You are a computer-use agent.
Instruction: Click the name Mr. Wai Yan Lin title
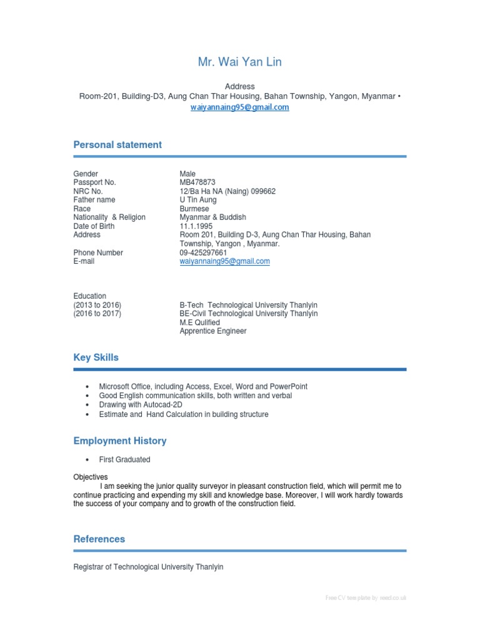(x=239, y=62)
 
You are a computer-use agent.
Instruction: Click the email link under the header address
(x=239, y=107)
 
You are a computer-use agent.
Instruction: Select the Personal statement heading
(x=117, y=144)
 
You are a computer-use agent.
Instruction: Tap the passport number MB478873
(x=197, y=182)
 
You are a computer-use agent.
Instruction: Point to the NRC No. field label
(x=88, y=191)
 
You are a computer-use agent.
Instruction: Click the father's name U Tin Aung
(x=198, y=200)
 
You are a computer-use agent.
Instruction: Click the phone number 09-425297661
(x=204, y=252)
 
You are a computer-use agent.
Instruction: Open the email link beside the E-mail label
(x=224, y=261)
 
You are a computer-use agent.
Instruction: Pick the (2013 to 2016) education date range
(x=97, y=305)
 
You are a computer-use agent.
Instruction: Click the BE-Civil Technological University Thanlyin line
(x=248, y=314)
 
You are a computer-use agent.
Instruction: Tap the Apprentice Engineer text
(x=213, y=331)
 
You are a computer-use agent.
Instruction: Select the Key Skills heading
(x=96, y=357)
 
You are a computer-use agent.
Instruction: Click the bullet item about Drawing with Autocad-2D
(x=141, y=404)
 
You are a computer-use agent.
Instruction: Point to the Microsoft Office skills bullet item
(x=203, y=387)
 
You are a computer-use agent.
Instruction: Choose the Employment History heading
(x=120, y=441)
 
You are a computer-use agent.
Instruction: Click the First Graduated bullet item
(x=124, y=459)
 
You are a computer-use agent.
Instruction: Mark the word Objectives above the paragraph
(x=91, y=477)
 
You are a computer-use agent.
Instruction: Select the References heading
(x=99, y=539)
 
